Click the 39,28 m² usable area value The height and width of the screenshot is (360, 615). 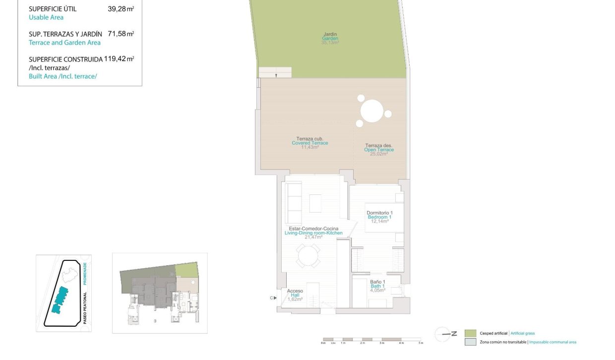tap(121, 9)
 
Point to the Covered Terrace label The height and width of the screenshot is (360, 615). tap(309, 143)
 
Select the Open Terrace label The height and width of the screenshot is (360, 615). tap(379, 149)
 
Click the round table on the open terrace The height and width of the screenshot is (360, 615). tap(372, 111)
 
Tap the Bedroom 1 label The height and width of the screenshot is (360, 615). tap(379, 217)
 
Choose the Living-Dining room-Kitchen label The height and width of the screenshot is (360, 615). tap(313, 233)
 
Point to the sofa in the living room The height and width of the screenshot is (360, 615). tap(294, 203)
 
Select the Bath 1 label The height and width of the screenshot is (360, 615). tap(377, 286)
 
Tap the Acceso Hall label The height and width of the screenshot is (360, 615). tap(295, 295)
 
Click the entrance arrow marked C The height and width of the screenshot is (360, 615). tap(272, 298)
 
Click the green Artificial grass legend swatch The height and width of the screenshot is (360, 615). tap(470, 333)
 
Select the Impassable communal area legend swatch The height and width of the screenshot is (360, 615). tap(470, 342)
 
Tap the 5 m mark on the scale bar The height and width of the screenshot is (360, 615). tap(421, 343)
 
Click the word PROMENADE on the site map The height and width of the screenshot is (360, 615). tap(85, 274)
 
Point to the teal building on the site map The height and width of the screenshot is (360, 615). tap(60, 300)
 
